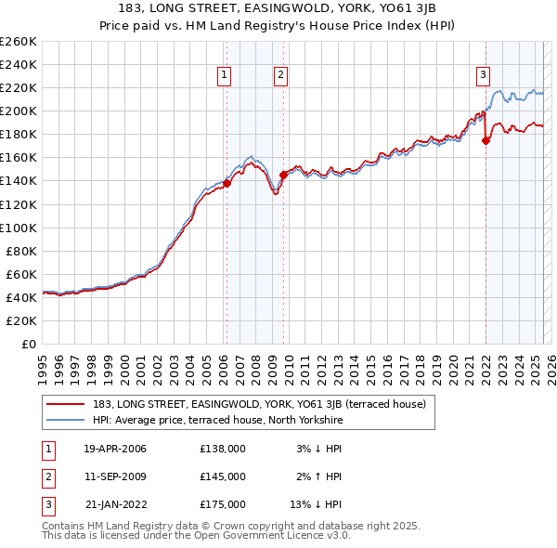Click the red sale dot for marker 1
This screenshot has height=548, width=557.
click(x=227, y=183)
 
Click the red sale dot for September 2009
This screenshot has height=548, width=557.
click(x=283, y=175)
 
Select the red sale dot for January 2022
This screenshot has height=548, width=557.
click(x=486, y=140)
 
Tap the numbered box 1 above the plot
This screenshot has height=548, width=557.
click(x=225, y=76)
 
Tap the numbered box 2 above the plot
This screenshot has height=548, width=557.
click(x=280, y=76)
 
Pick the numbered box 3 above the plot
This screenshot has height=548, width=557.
click(x=484, y=76)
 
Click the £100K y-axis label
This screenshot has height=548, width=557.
click(x=18, y=228)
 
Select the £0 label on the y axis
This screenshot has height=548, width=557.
click(x=27, y=344)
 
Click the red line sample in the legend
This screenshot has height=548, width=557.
click(x=66, y=404)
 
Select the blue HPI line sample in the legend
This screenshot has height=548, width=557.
click(x=66, y=420)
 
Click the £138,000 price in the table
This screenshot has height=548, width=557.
click(x=223, y=449)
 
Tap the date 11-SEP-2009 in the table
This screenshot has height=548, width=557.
click(x=115, y=476)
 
